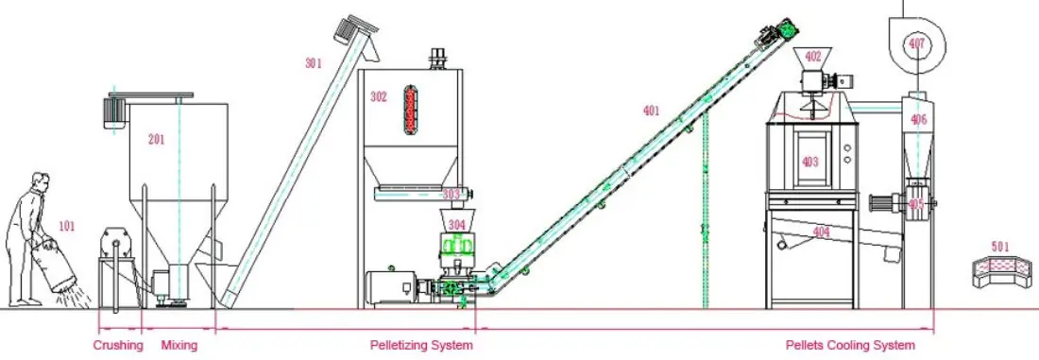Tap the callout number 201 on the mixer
[157, 140]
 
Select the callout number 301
[314, 63]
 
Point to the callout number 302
[379, 96]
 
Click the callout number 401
[651, 111]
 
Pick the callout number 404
[821, 231]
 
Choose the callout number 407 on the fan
[916, 43]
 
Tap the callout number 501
[1000, 247]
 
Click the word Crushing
[118, 346]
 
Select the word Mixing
[179, 346]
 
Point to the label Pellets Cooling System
[850, 346]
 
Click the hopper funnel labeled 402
[811, 57]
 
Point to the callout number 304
[457, 225]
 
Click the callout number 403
[810, 162]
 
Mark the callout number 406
[918, 119]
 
